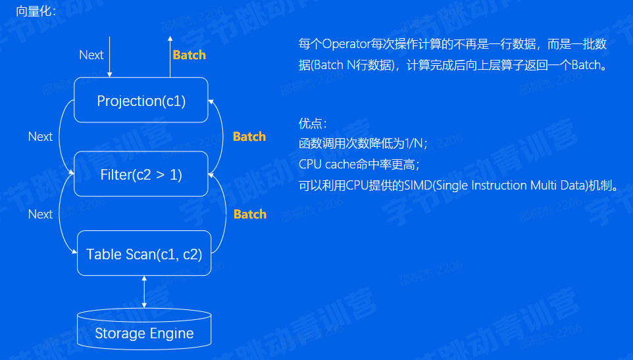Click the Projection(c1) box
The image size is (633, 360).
pyautogui.click(x=141, y=101)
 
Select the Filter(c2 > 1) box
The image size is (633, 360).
pyautogui.click(x=141, y=174)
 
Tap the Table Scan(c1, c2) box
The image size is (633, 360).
pyautogui.click(x=144, y=254)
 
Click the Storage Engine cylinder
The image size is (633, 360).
pyautogui.click(x=144, y=331)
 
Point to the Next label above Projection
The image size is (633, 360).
pyautogui.click(x=91, y=55)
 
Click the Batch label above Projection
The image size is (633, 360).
pyautogui.click(x=189, y=55)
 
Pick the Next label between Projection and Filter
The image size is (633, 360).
pyautogui.click(x=40, y=136)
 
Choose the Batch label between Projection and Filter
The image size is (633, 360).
pyautogui.click(x=249, y=136)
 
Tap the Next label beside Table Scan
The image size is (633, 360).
pyautogui.click(x=40, y=214)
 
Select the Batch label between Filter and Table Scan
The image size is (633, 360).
pyautogui.click(x=250, y=214)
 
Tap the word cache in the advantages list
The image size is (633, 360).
pyautogui.click(x=340, y=164)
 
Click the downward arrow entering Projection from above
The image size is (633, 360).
pyautogui.click(x=111, y=56)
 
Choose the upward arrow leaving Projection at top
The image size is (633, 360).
pyautogui.click(x=169, y=56)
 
